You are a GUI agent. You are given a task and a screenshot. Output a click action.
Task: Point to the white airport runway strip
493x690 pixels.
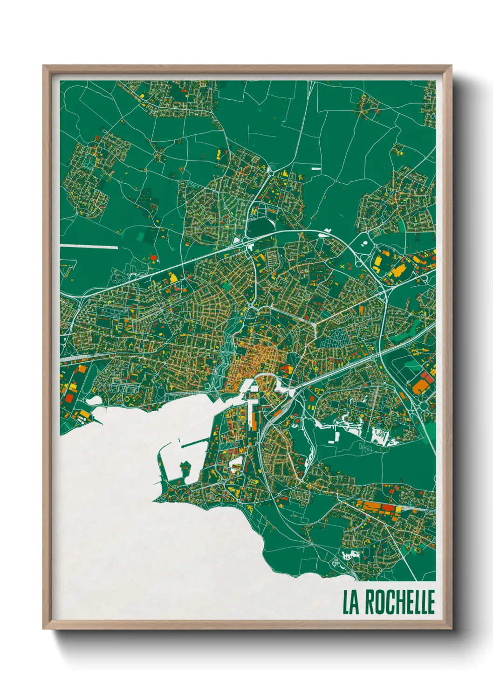point(89,246)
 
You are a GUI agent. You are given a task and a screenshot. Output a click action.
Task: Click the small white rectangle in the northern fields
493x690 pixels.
point(316,168)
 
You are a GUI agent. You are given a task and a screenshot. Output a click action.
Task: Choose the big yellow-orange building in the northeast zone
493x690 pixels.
point(397,270)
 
